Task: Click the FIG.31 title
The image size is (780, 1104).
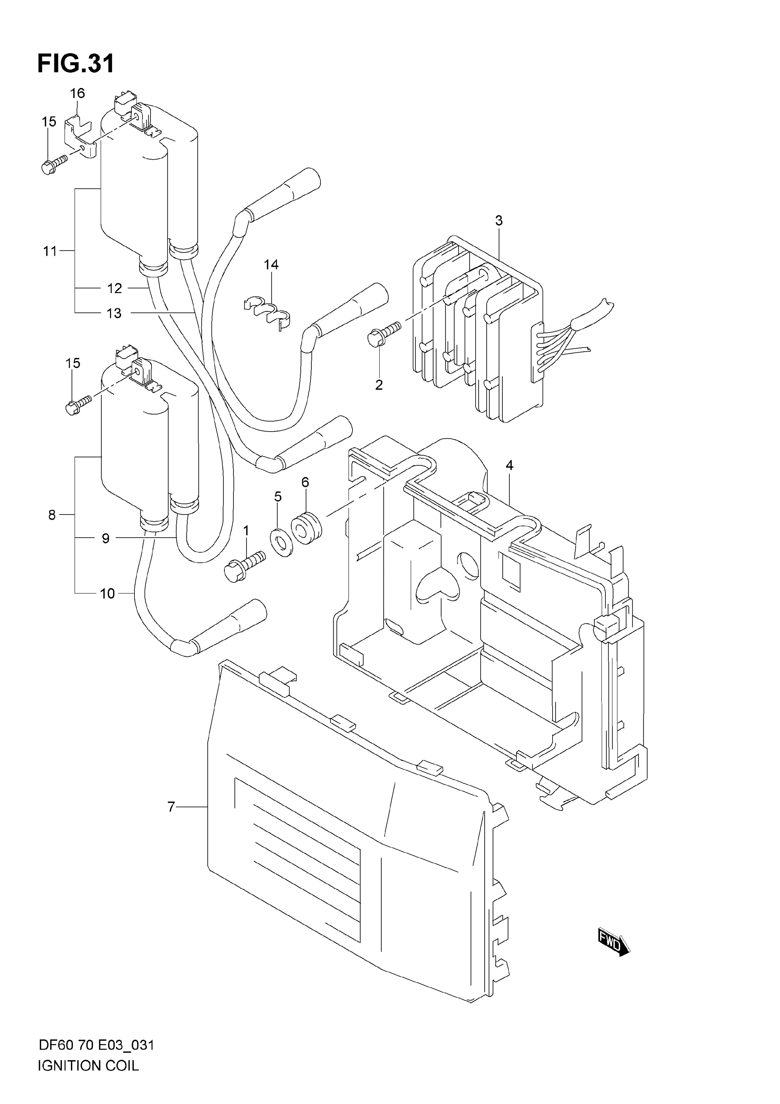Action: point(76,64)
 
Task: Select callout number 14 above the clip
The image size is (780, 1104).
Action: point(271,265)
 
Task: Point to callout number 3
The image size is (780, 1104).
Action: point(499,221)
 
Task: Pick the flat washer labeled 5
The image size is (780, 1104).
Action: point(283,541)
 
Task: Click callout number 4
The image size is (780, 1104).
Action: point(510,465)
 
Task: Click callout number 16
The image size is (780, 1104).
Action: point(77,93)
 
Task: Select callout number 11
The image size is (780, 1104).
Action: point(50,251)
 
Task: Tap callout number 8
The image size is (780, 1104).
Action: point(52,515)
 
